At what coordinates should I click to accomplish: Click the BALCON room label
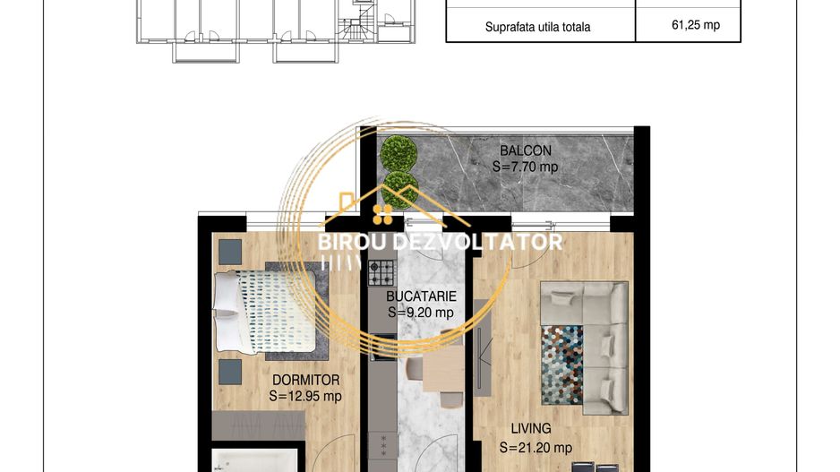(x=526, y=150)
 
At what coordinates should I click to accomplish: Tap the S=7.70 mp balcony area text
(x=525, y=167)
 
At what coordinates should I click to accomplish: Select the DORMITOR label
(x=306, y=380)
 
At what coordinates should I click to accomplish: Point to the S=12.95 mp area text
(x=305, y=396)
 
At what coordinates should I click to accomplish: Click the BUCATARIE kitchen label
(x=421, y=296)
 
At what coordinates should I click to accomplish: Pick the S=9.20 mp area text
(x=421, y=313)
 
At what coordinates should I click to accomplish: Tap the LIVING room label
(x=531, y=429)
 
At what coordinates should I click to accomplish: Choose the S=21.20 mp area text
(x=536, y=447)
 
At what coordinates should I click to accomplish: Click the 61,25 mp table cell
(x=695, y=25)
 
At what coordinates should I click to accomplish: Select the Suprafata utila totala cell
(x=537, y=27)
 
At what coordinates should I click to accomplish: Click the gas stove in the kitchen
(x=381, y=272)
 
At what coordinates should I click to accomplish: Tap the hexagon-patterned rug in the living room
(x=562, y=365)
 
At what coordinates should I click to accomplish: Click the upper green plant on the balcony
(x=399, y=153)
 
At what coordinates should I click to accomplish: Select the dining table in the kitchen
(x=443, y=369)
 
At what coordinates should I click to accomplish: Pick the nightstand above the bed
(x=230, y=252)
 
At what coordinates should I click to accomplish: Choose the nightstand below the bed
(x=230, y=372)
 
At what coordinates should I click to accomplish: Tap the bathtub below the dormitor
(x=254, y=460)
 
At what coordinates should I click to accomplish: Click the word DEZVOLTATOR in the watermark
(x=477, y=242)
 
